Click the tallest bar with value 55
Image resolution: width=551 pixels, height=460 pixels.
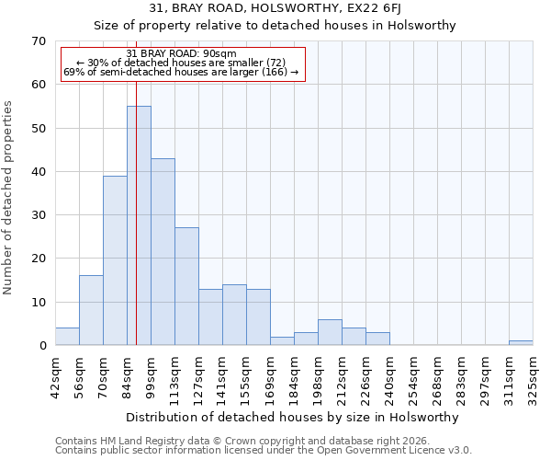point(139,225)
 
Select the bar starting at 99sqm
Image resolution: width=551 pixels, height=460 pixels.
point(163,252)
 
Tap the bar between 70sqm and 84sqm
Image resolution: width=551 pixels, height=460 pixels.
point(115,260)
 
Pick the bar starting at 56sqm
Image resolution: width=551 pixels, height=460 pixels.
point(91,310)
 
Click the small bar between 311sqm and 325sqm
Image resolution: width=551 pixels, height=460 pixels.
point(521,342)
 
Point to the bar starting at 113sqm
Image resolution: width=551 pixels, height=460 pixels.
point(186,286)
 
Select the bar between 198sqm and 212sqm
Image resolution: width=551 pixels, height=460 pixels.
point(330,332)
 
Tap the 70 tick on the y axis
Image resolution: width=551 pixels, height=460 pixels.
point(38,41)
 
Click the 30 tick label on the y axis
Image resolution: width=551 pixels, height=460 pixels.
point(38,215)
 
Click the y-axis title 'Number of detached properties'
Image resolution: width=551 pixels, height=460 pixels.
point(9,197)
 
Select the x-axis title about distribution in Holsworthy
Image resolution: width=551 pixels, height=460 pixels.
point(293,417)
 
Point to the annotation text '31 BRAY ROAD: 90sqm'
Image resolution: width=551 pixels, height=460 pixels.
point(181,54)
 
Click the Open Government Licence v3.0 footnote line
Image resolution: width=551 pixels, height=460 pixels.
point(264,451)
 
